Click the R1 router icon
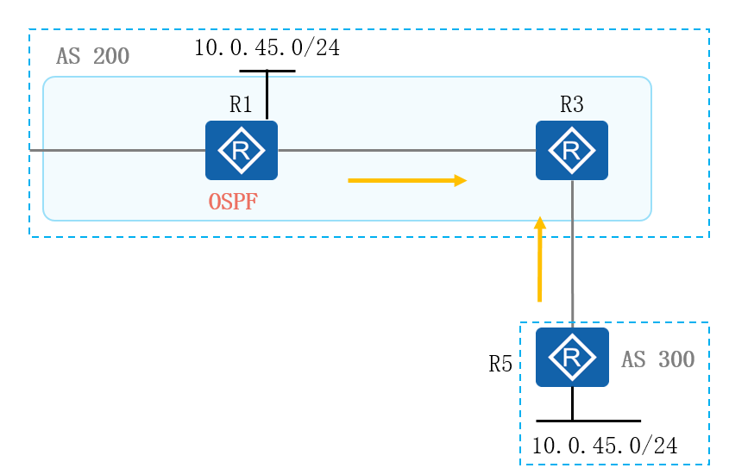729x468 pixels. pyautogui.click(x=242, y=150)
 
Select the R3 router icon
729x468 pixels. pyautogui.click(x=571, y=150)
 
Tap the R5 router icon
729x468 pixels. pyautogui.click(x=571, y=357)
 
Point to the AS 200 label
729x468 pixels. pyautogui.click(x=92, y=58)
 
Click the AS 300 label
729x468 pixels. pyautogui.click(x=658, y=359)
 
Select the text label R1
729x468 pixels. pyautogui.click(x=241, y=105)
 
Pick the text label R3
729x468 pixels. pyautogui.click(x=571, y=105)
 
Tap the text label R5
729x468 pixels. pyautogui.click(x=500, y=364)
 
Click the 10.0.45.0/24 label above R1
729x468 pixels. pyautogui.click(x=267, y=48)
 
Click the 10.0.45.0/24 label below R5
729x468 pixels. pyautogui.click(x=604, y=446)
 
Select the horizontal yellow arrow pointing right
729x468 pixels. pyautogui.click(x=405, y=181)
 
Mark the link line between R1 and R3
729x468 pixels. pyautogui.click(x=405, y=151)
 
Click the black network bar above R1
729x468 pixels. pyautogui.click(x=267, y=71)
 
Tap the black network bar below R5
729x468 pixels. pyautogui.click(x=588, y=421)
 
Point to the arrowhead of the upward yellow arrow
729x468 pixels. pyautogui.click(x=540, y=222)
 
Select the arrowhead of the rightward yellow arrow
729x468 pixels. pyautogui.click(x=461, y=181)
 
